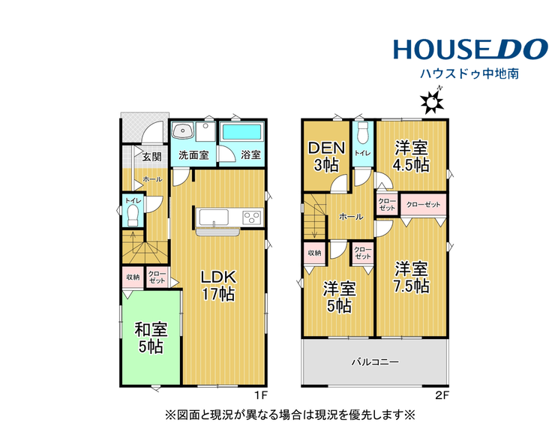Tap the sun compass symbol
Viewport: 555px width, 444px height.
[432, 101]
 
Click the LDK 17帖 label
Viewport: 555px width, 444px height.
[218, 286]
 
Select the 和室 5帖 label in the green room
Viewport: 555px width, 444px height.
[151, 338]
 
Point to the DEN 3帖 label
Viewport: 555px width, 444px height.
[326, 157]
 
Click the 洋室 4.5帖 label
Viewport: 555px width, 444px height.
[411, 156]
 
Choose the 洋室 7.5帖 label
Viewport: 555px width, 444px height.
[411, 277]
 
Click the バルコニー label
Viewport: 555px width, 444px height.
[375, 361]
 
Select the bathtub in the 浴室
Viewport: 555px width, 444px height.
[241, 133]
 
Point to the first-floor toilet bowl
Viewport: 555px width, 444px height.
[133, 216]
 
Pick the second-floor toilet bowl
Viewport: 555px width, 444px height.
[363, 133]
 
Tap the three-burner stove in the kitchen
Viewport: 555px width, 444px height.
[252, 217]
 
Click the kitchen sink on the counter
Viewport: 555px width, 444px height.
[214, 217]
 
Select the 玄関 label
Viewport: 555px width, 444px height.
[152, 157]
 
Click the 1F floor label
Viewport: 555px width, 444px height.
[261, 395]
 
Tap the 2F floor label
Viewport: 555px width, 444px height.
[442, 395]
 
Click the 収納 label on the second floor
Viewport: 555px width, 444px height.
[314, 253]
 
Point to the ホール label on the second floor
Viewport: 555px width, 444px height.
[351, 216]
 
